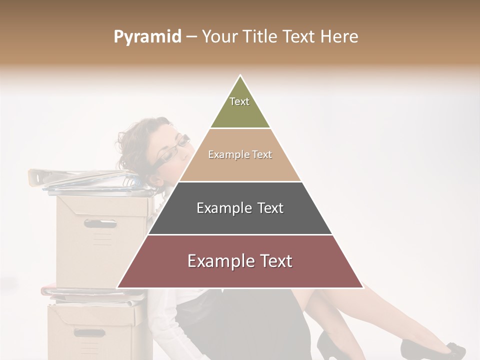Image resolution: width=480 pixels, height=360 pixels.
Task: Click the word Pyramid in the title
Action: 147,37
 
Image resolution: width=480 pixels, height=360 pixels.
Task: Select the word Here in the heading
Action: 339,36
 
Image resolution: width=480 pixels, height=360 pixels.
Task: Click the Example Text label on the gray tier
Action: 240,208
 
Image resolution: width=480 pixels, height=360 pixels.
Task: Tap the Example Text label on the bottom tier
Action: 240,261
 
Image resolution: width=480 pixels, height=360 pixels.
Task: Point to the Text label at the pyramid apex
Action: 239,101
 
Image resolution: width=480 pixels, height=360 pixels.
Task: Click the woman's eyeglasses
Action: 172,150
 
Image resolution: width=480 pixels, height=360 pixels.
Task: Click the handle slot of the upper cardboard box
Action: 100,223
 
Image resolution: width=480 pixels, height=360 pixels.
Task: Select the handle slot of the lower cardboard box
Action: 90,332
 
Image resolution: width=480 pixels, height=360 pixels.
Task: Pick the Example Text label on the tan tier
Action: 240,154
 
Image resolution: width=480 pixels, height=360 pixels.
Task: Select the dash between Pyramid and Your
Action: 191,37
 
